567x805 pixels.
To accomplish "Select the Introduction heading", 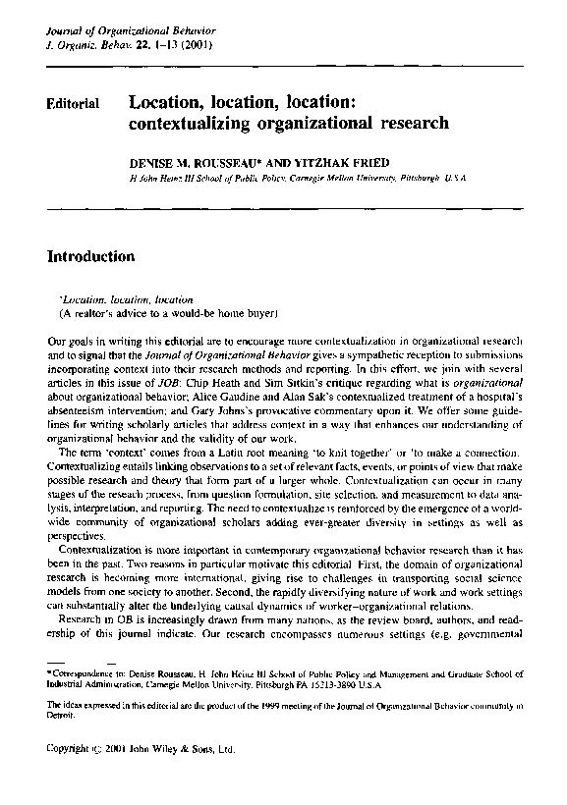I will [x=90, y=257].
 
